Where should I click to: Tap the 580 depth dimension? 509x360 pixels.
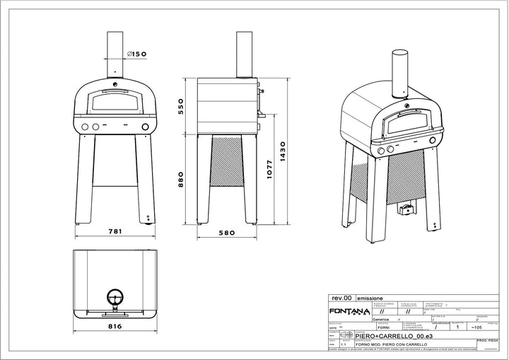pos(228,231)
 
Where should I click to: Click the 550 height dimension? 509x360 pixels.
pos(181,107)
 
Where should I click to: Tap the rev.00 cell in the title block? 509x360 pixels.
pos(341,299)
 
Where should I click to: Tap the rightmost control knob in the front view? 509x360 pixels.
pos(146,127)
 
